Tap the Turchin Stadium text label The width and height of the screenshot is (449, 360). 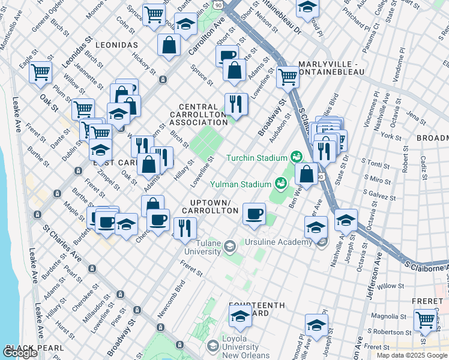click(x=257, y=158)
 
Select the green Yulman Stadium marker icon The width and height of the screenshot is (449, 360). click(x=280, y=183)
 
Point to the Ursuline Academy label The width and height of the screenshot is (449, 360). click(x=278, y=242)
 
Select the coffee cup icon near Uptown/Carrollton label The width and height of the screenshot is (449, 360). click(x=254, y=213)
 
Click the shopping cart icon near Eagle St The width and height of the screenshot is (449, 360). click(x=41, y=72)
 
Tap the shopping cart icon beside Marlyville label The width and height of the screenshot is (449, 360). click(x=288, y=76)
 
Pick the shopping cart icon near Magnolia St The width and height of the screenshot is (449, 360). click(x=426, y=319)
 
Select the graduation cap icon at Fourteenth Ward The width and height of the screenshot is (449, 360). click(x=241, y=315)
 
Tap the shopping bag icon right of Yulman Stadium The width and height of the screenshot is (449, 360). click(x=307, y=174)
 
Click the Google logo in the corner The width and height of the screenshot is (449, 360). click(x=21, y=353)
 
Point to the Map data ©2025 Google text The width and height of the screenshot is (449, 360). click(x=412, y=355)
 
